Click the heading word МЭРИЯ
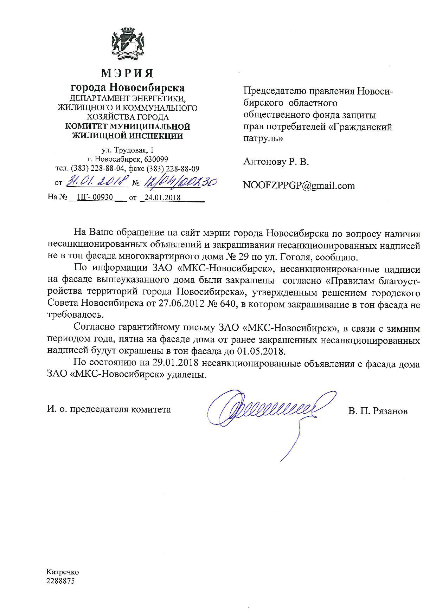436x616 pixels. click(x=127, y=73)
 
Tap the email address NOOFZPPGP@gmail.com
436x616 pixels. click(x=299, y=186)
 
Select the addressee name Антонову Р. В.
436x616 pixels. click(x=276, y=162)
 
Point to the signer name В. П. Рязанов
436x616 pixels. click(x=378, y=411)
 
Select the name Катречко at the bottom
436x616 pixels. click(x=63, y=572)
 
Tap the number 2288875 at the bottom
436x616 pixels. click(x=60, y=581)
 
